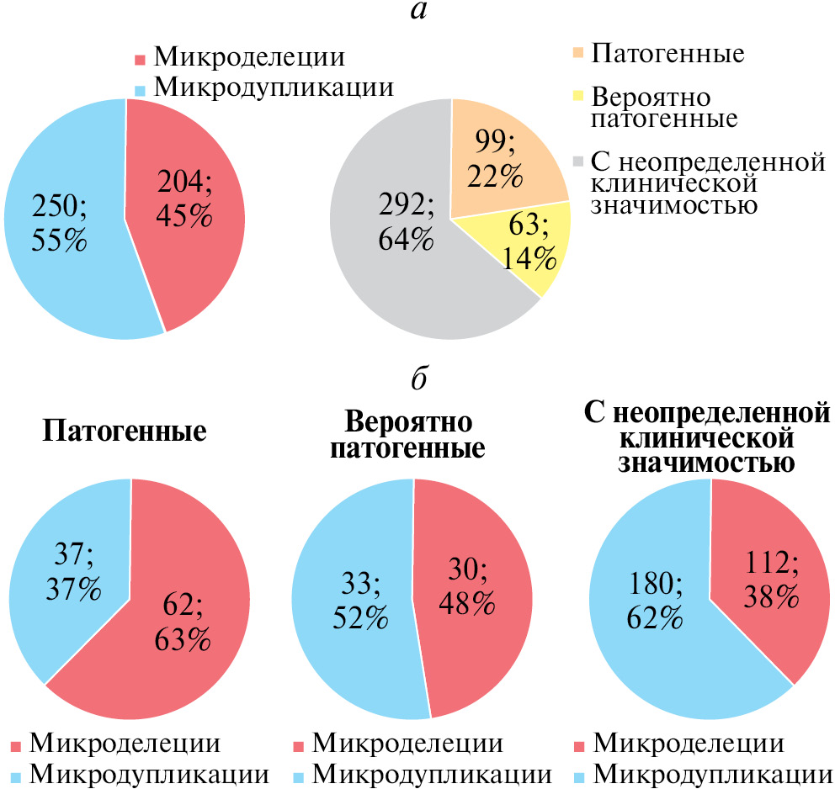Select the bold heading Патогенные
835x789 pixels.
coord(125,432)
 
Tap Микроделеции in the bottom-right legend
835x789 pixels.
coord(689,744)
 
